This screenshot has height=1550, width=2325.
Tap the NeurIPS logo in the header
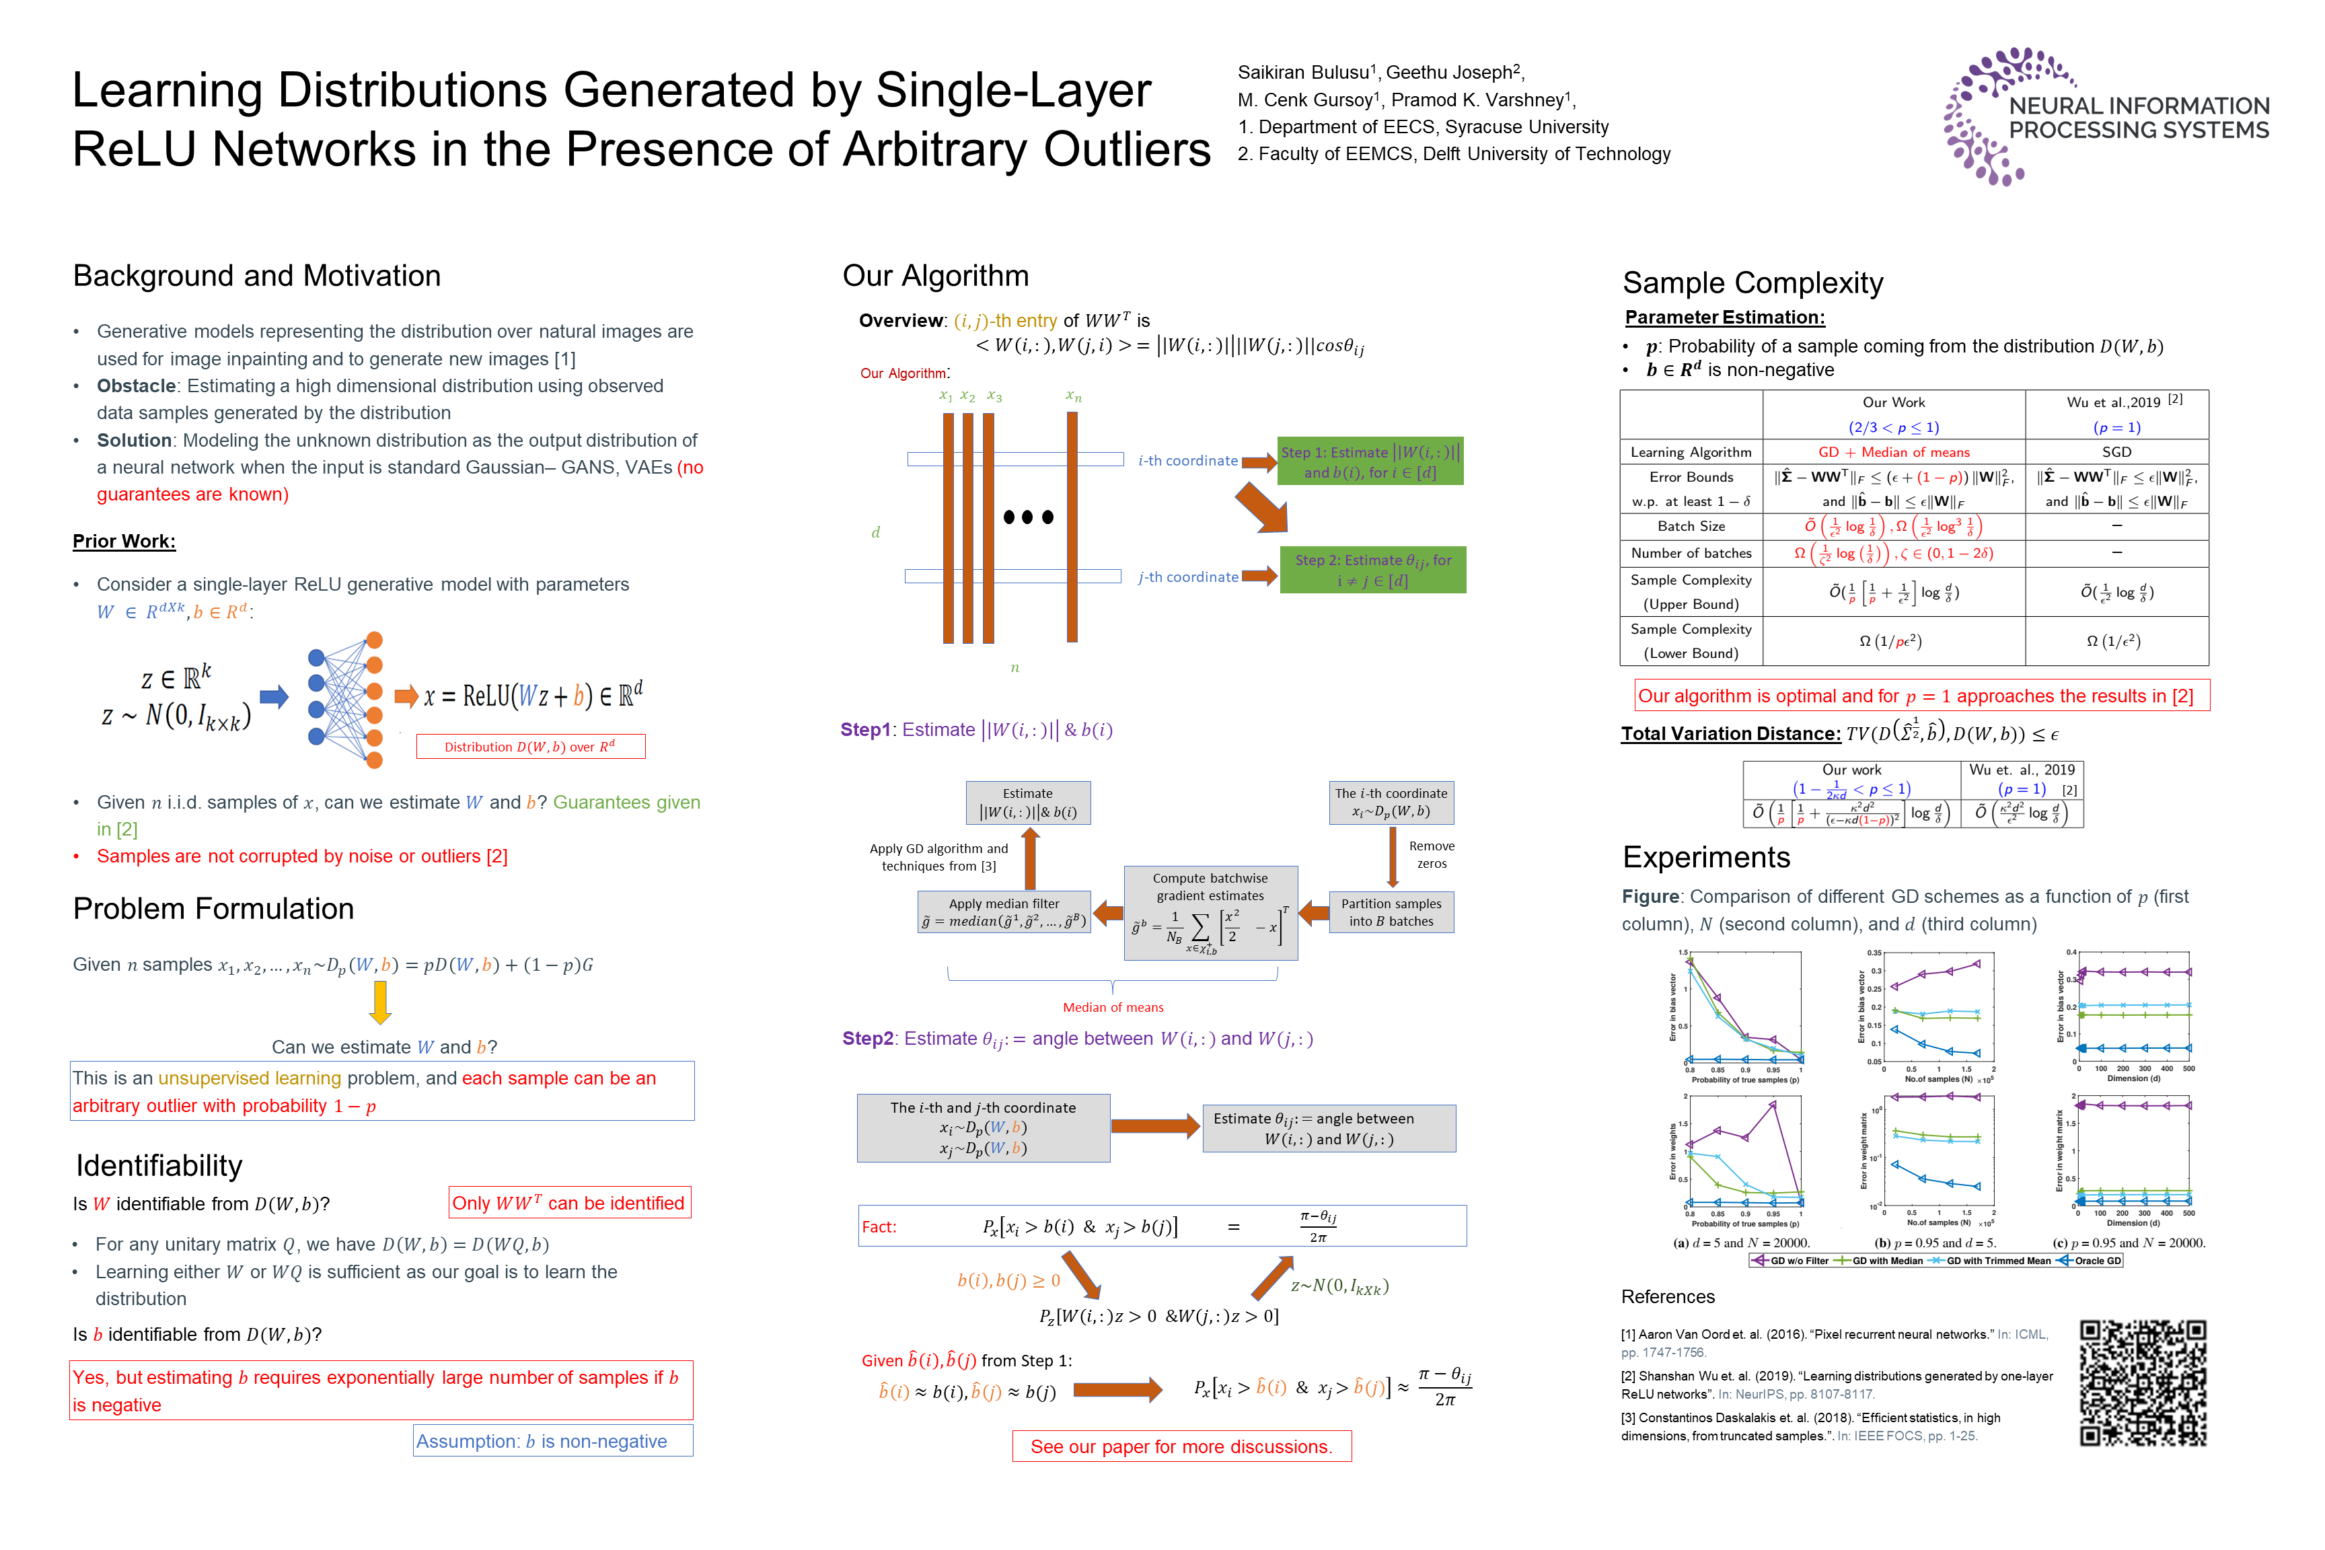tap(2106, 116)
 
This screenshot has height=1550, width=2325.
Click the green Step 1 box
tap(1370, 462)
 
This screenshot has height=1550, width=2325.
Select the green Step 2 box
tap(1372, 570)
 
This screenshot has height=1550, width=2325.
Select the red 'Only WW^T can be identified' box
tap(569, 1203)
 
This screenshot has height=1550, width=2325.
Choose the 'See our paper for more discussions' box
tap(1181, 1446)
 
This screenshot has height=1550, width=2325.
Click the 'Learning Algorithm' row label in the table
tap(1691, 452)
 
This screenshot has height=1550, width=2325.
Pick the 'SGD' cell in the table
tap(2116, 452)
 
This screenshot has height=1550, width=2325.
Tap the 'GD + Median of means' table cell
tap(1893, 452)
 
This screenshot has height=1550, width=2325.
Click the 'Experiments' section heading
tap(1706, 857)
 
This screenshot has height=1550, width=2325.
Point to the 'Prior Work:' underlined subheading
tap(124, 541)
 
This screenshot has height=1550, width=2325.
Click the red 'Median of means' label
tap(1113, 1007)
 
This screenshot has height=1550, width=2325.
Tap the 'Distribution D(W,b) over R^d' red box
tap(531, 746)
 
